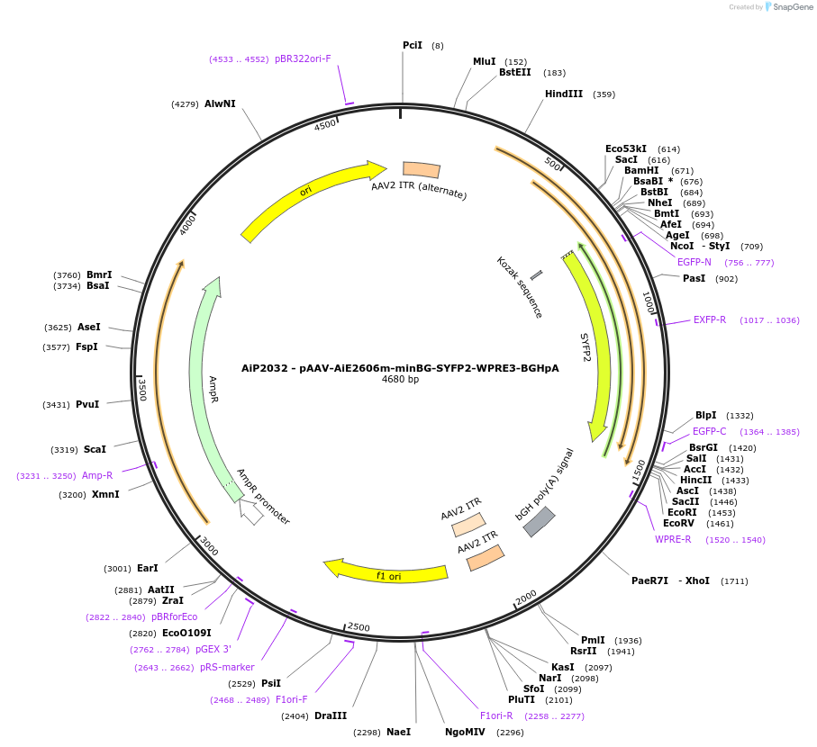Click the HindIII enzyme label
coord(563,94)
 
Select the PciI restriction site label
coord(412,45)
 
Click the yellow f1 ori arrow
coord(387,571)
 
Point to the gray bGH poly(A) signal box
coord(539,521)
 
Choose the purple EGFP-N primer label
coord(694,262)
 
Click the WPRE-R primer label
coord(673,539)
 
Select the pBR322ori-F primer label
coord(303,59)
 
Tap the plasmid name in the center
coord(400,368)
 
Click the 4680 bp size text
coord(400,380)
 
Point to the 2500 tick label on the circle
coord(359,626)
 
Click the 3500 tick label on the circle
coord(141,389)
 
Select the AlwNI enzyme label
coord(220,103)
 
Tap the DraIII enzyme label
coord(331,715)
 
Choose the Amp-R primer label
coord(97,475)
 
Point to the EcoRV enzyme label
coord(678,523)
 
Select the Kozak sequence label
coord(520,287)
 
